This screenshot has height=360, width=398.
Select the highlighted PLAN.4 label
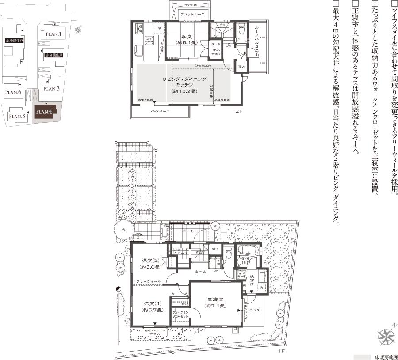coord(45,112)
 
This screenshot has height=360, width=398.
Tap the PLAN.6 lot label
coord(14,92)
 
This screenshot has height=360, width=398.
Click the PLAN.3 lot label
coord(51,89)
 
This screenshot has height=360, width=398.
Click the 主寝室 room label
coord(216,303)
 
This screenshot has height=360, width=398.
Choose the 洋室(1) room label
coord(153,307)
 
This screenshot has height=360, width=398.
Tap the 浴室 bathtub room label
coord(246,261)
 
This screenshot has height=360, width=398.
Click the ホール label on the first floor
coord(200,271)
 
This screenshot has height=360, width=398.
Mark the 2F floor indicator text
coord(239,112)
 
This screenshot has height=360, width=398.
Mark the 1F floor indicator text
coord(281,352)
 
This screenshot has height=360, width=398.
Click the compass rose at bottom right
coord(387,336)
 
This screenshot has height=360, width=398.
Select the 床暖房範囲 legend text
coord(386,356)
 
